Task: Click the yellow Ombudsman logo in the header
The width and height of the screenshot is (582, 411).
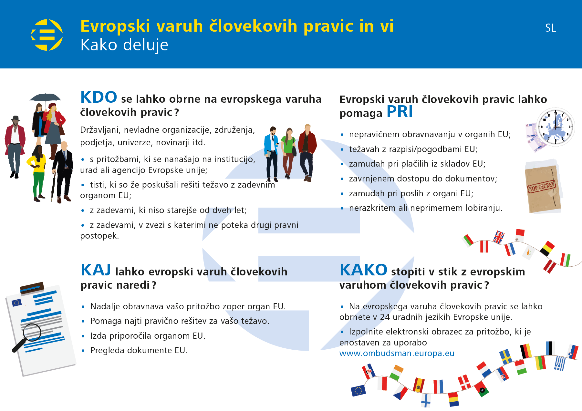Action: pyautogui.click(x=47, y=35)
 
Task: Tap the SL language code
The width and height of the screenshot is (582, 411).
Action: pyautogui.click(x=551, y=28)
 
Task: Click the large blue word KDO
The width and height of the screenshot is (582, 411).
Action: pyautogui.click(x=99, y=97)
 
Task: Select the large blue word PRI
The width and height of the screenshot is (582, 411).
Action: pyautogui.click(x=400, y=112)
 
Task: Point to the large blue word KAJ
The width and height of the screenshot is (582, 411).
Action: pyautogui.click(x=96, y=270)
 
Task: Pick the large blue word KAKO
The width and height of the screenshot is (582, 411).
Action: pyautogui.click(x=363, y=270)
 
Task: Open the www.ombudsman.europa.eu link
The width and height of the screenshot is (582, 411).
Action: pyautogui.click(x=397, y=353)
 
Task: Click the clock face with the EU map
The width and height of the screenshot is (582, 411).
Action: pyautogui.click(x=556, y=127)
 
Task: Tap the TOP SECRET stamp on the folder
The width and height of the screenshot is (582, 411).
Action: pyautogui.click(x=541, y=187)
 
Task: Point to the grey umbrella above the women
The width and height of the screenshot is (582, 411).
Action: pyautogui.click(x=45, y=98)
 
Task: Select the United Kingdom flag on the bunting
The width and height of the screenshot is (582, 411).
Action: pyautogui.click(x=498, y=237)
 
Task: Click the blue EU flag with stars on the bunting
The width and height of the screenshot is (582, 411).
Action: pyautogui.click(x=358, y=390)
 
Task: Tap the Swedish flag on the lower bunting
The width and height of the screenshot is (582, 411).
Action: pyautogui.click(x=505, y=356)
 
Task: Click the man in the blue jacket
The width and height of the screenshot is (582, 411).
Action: pyautogui.click(x=271, y=154)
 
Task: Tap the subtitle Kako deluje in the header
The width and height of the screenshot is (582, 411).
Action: pyautogui.click(x=124, y=45)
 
